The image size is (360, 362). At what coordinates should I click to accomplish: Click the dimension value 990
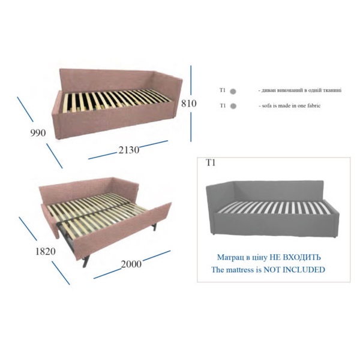point(38,133)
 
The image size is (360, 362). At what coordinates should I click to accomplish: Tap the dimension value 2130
point(129,150)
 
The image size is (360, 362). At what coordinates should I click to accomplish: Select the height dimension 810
point(189,104)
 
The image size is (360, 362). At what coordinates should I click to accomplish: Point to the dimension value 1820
point(45,251)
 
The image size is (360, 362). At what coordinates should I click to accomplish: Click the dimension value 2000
point(131,264)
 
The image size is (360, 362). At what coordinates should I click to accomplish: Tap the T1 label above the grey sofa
point(211,163)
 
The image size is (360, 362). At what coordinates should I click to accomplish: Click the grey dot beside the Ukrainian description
point(233,92)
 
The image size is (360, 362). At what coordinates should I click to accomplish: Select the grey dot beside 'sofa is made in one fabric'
point(233,106)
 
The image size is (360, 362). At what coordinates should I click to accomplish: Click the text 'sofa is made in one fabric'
point(291,105)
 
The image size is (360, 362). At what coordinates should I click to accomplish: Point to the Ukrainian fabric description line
point(299,90)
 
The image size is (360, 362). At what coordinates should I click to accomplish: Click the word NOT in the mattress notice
point(272,270)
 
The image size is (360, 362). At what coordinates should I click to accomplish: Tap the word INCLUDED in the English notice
point(304,270)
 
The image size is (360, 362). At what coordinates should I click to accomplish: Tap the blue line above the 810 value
point(191,80)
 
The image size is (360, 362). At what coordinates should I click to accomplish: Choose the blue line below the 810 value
point(191,127)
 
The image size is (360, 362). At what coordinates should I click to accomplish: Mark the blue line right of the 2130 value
point(154,144)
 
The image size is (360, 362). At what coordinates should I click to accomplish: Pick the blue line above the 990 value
point(25,109)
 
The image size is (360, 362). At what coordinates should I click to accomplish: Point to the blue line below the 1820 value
point(61,273)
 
